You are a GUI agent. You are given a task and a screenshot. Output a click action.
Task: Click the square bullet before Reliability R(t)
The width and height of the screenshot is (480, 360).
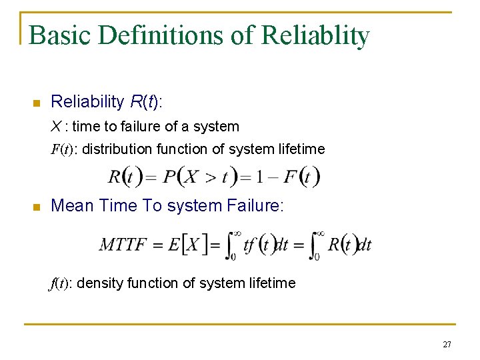(37, 103)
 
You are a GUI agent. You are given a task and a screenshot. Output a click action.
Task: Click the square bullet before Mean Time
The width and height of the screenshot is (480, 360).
(37, 207)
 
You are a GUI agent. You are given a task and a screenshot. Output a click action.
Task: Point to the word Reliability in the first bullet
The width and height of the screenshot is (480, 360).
(87, 102)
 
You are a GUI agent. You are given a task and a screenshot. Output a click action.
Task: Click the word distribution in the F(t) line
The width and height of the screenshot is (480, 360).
(117, 149)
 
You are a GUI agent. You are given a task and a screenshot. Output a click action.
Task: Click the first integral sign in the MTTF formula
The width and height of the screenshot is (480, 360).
(230, 245)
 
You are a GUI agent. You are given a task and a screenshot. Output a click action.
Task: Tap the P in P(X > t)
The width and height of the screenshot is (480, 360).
(169, 177)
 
